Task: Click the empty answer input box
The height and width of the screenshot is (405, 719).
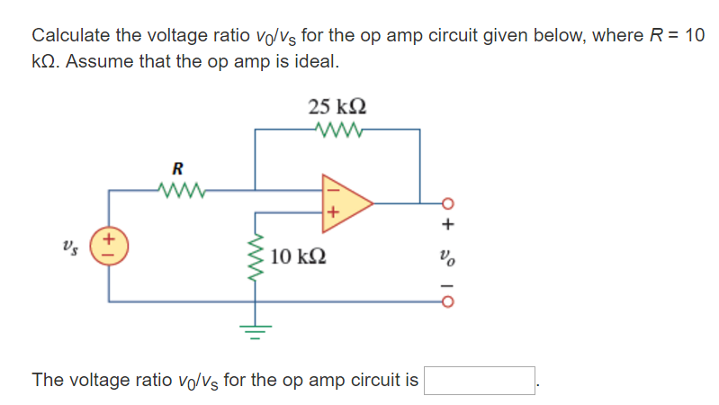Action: [x=481, y=381]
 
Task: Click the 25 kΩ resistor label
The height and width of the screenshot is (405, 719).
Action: [x=337, y=107]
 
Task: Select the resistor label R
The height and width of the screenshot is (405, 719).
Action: [x=177, y=167]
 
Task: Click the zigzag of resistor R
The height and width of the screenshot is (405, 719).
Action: [x=180, y=189]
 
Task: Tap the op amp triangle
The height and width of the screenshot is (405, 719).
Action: [x=347, y=202]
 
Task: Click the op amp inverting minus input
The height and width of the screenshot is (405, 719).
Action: [x=330, y=189]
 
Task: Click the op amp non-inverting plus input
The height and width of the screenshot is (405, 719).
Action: [x=331, y=213]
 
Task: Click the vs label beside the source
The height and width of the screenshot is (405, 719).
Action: [x=70, y=247]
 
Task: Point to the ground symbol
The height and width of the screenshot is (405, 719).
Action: [x=255, y=332]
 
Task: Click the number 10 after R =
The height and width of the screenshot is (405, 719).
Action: [x=694, y=36]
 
